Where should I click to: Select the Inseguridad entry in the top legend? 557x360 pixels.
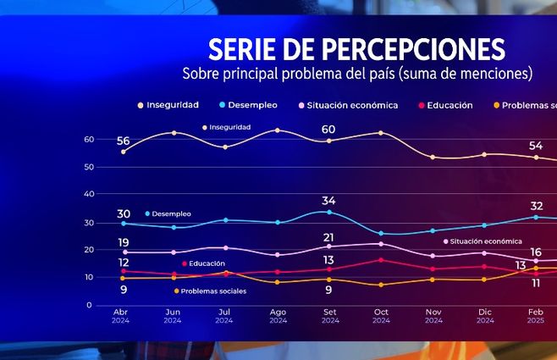pos(168,105)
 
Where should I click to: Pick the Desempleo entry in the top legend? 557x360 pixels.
pos(251,105)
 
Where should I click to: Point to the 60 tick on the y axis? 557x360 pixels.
pos(88,139)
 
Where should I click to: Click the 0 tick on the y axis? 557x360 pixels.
pos(89,304)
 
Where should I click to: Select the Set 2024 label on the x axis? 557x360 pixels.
pos(329,316)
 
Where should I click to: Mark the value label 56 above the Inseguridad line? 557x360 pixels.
pos(124,141)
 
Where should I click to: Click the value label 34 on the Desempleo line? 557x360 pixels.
pos(328,201)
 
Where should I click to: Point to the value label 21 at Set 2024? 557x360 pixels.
pos(328,237)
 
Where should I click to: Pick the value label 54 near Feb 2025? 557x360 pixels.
pos(536,146)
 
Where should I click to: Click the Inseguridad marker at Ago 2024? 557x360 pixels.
pos(277,130)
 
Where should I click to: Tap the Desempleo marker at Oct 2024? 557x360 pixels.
pos(381,233)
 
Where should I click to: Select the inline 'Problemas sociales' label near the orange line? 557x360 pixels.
pos(213,291)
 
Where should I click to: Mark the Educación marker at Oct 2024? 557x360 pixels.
pos(381,260)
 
